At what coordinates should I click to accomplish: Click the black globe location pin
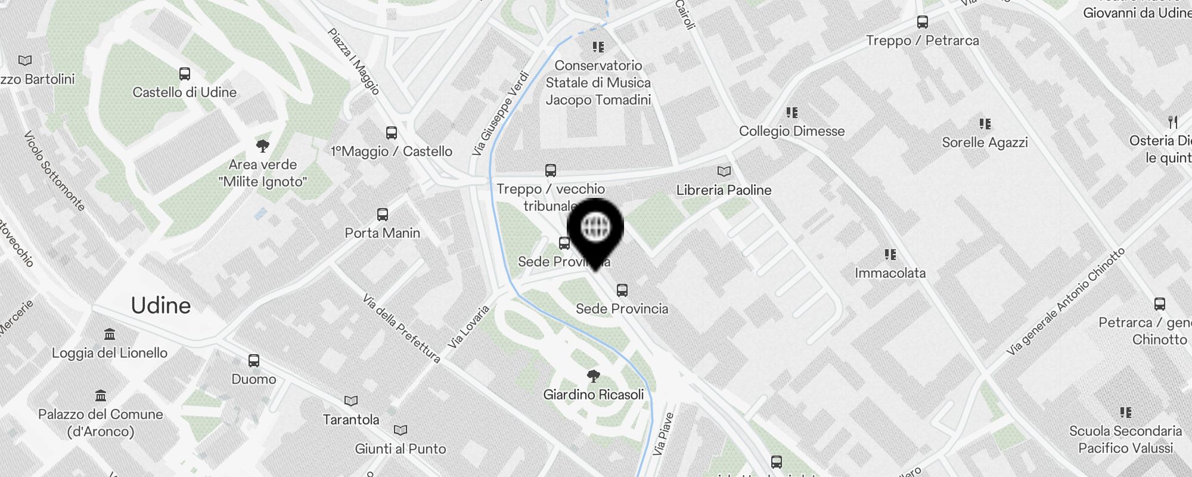click(x=595, y=228)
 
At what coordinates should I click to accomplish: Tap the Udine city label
click(x=160, y=305)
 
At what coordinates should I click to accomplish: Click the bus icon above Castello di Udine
click(x=185, y=74)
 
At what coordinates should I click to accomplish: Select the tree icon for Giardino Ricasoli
click(x=593, y=376)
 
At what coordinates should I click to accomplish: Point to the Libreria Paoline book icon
click(x=724, y=172)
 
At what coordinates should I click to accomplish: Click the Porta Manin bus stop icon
click(x=383, y=215)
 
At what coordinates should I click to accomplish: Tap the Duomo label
click(x=254, y=379)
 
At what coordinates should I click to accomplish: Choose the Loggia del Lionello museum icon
click(x=110, y=334)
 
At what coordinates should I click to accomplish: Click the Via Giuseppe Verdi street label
click(x=501, y=114)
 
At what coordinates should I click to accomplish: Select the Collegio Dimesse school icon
click(x=791, y=113)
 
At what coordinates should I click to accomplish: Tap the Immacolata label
click(x=890, y=273)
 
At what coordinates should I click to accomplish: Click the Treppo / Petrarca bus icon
click(x=923, y=23)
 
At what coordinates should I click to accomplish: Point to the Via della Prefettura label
click(x=401, y=329)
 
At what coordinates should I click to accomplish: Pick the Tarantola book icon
click(x=351, y=401)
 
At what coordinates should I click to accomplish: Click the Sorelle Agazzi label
click(x=985, y=143)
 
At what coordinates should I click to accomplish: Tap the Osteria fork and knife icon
click(x=1173, y=122)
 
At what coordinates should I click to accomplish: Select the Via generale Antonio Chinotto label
click(x=1065, y=302)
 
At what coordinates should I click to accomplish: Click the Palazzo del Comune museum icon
click(x=101, y=396)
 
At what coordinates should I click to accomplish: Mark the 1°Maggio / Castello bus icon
click(x=392, y=133)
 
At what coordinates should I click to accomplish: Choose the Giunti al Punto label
click(x=401, y=449)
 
